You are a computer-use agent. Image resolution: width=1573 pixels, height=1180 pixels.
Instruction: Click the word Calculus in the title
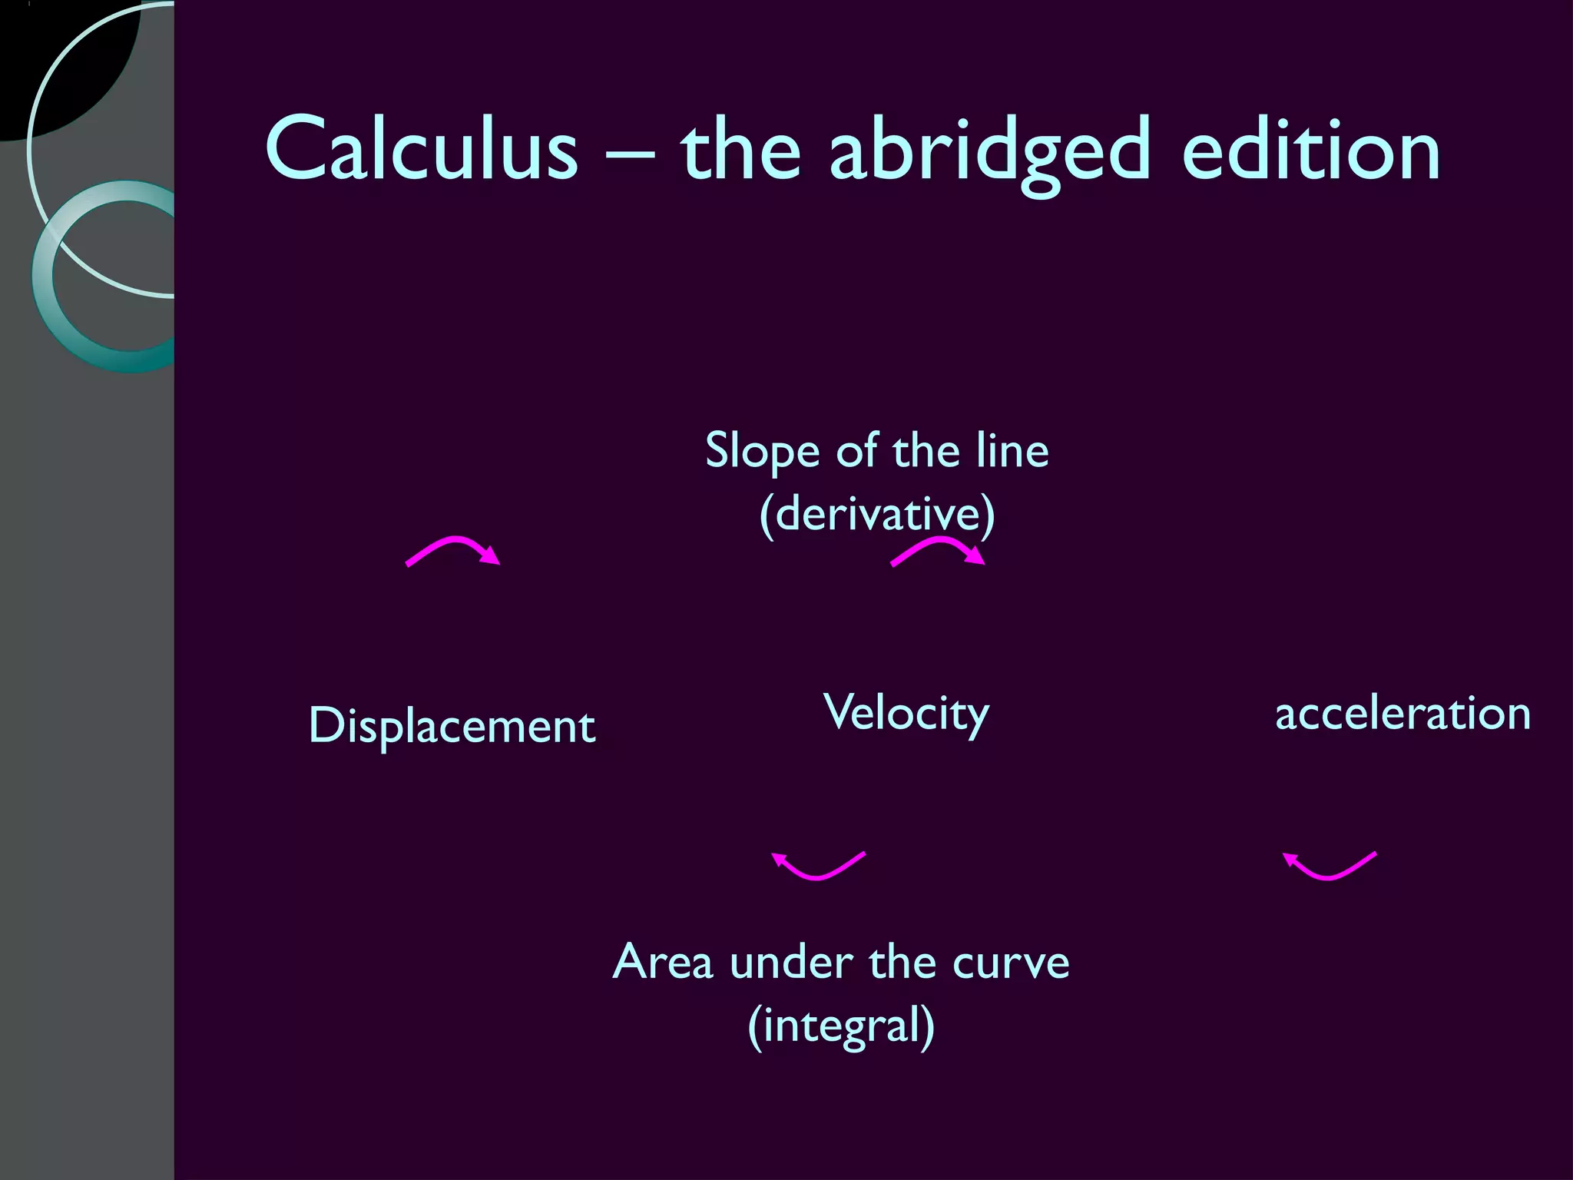[421, 150]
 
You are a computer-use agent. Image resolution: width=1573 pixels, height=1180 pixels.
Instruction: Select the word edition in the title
[1310, 150]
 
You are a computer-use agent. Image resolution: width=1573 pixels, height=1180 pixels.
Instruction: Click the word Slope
[763, 452]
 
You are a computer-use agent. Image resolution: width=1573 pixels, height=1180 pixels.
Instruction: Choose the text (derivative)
[876, 514]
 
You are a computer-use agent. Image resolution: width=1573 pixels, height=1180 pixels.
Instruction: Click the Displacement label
[452, 725]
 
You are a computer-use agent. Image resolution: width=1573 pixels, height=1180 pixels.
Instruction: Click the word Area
[662, 962]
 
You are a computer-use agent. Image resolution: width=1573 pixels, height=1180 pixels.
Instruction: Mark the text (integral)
[841, 1026]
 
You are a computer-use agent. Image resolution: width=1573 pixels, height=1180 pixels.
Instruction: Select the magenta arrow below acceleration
[1330, 866]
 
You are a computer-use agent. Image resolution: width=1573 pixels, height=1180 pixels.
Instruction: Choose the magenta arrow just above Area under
[819, 866]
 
